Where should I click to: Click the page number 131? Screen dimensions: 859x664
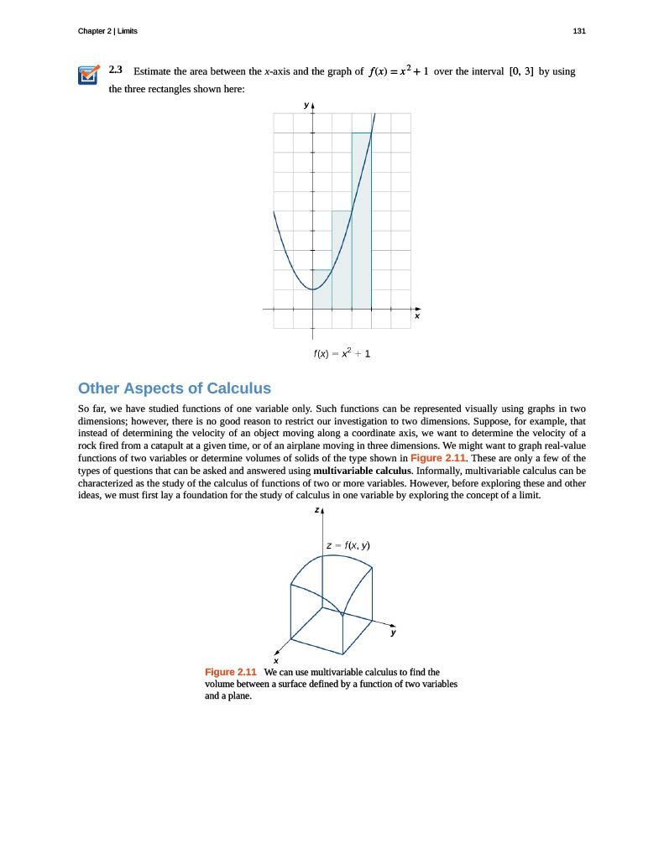tap(578, 31)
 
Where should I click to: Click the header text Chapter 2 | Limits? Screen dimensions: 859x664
tap(107, 31)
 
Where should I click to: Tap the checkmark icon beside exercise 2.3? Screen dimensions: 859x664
tap(87, 75)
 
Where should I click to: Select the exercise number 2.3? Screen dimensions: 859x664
tap(116, 70)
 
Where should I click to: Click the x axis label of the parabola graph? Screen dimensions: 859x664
tap(416, 317)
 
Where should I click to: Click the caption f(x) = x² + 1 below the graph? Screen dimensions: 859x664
tap(342, 353)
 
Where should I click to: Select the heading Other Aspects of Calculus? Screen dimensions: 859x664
tap(175, 388)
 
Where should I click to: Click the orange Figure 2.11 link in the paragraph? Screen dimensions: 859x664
tap(438, 458)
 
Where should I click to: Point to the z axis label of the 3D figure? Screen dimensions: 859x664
tap(316, 510)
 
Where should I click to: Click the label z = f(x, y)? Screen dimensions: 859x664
tap(348, 545)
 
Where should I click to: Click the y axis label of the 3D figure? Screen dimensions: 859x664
tap(392, 633)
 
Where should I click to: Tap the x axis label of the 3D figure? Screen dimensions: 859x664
tap(276, 661)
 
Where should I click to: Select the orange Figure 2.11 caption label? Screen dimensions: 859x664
tap(230, 672)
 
